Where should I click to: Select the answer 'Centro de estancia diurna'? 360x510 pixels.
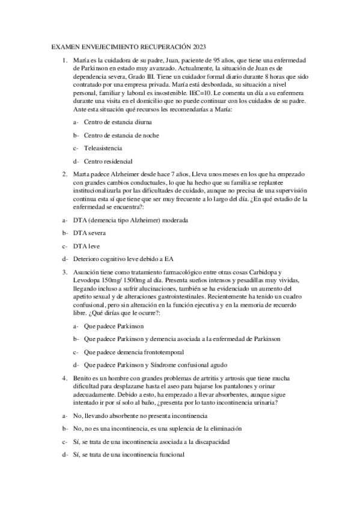(117, 121)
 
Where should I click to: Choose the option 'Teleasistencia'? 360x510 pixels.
(103, 148)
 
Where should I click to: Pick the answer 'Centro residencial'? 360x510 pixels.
(108, 161)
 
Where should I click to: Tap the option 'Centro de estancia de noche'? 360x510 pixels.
(121, 135)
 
